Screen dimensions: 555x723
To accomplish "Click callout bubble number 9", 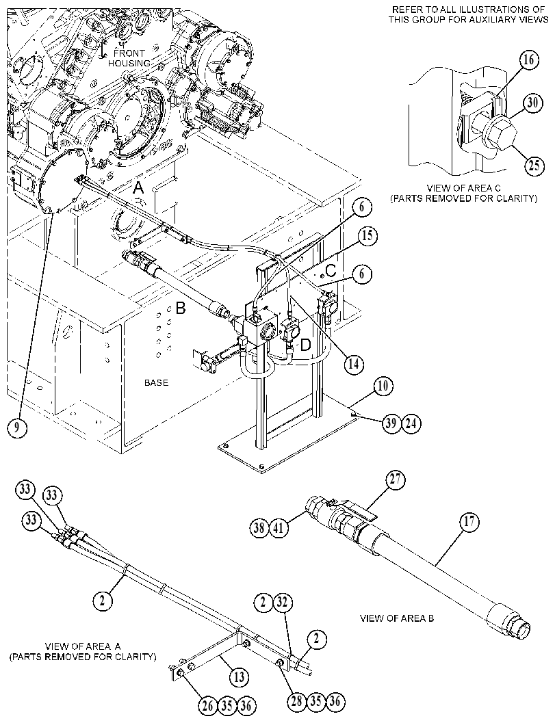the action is point(16,428).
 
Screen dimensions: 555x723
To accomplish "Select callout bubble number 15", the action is point(367,236).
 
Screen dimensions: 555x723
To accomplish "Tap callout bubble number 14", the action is point(353,364).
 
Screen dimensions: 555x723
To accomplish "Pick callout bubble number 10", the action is point(383,386).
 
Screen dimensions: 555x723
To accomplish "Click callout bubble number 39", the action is point(391,423).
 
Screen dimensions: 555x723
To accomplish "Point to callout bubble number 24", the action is point(412,423).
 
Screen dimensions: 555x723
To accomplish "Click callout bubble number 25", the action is point(534,165).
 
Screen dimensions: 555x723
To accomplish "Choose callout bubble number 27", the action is point(396,480).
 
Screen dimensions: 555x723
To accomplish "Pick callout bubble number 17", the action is point(469,522).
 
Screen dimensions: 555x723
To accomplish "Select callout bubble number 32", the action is point(283,602).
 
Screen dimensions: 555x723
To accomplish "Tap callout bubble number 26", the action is point(207,705).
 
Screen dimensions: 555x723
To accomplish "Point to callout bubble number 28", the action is point(296,701).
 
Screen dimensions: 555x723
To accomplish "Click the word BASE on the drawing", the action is point(157,383).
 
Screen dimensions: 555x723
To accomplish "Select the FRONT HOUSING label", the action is point(129,58).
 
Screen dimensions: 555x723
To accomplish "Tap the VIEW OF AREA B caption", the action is point(397,618).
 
